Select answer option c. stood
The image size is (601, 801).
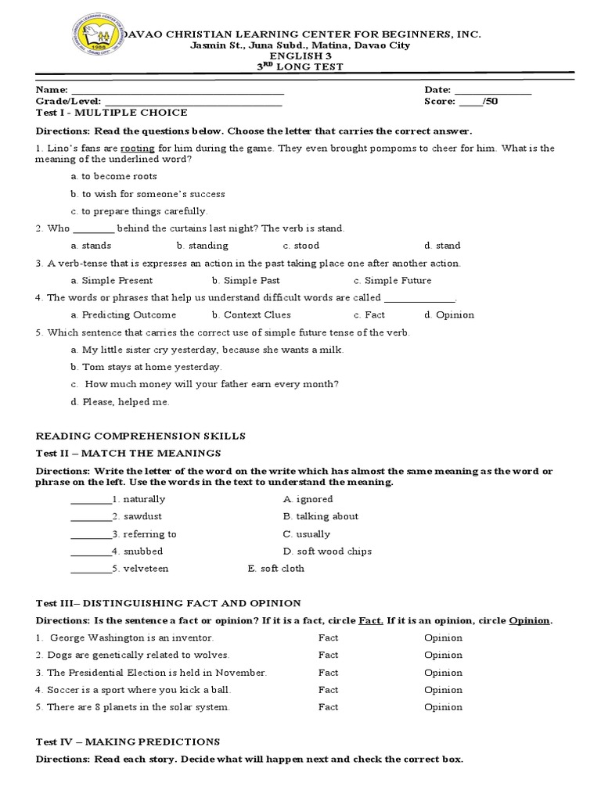(x=300, y=246)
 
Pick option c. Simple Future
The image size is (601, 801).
(x=392, y=281)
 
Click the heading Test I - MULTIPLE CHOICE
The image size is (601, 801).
(x=112, y=113)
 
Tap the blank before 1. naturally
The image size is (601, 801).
(x=91, y=500)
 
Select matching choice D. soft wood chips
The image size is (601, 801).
(x=327, y=551)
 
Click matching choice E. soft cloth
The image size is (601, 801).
(x=275, y=569)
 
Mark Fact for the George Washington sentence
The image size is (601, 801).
(x=329, y=638)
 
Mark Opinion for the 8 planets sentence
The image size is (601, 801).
(x=443, y=707)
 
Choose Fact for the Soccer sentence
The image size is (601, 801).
(x=329, y=690)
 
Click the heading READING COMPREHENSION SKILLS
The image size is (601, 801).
(x=141, y=436)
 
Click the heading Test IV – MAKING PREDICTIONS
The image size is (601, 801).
(x=128, y=742)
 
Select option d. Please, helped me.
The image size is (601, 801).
(x=119, y=403)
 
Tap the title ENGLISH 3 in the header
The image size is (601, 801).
(x=300, y=56)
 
